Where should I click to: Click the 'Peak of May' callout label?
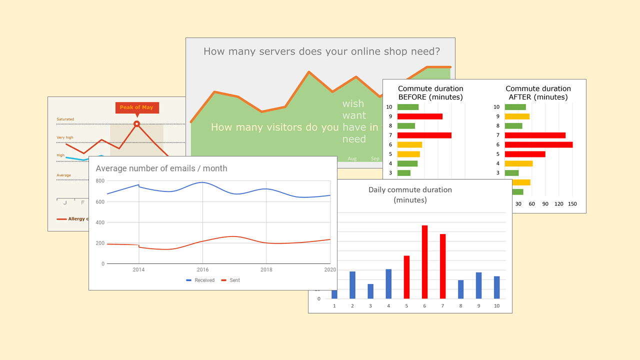[x=136, y=107]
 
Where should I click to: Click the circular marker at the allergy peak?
[x=136, y=123]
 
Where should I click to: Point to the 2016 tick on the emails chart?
[x=202, y=270]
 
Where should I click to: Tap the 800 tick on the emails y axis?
[x=100, y=181]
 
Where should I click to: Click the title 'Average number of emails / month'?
[x=161, y=168]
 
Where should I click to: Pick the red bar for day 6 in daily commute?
[x=424, y=262]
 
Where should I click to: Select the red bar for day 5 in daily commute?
[x=406, y=277]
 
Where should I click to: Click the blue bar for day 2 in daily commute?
[x=352, y=285]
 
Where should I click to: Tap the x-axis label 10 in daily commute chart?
[x=496, y=305]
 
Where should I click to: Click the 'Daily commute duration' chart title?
[x=410, y=190]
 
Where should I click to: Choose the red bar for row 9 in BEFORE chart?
[x=420, y=116]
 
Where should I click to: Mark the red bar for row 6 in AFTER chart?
[x=538, y=144]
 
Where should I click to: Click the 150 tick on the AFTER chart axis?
[x=573, y=204]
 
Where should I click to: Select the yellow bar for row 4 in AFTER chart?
[x=518, y=163]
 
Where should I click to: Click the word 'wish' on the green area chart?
[x=353, y=104]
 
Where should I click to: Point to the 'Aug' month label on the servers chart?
[x=352, y=159]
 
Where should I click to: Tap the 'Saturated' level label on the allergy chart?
[x=65, y=119]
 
